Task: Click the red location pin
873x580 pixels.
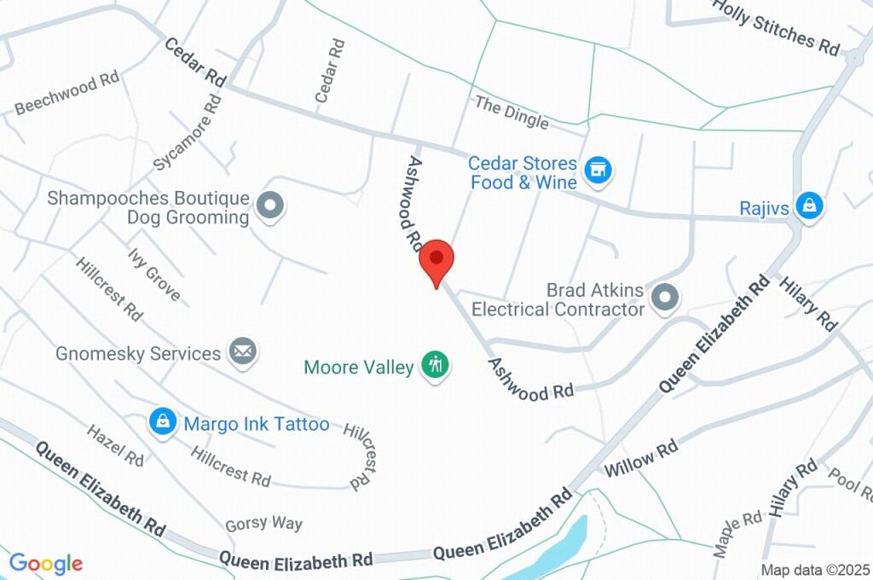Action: click(x=437, y=259)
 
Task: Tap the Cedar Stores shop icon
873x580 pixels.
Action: click(x=600, y=170)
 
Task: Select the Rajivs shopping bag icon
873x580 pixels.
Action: click(x=807, y=206)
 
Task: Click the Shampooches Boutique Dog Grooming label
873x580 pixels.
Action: click(x=148, y=207)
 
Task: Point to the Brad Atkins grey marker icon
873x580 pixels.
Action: click(x=664, y=298)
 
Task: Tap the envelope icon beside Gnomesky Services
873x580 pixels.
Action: click(x=243, y=351)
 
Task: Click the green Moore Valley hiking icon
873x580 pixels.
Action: click(x=436, y=366)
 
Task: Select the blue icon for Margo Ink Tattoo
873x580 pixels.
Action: click(x=161, y=420)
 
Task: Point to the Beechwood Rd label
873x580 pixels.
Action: click(x=66, y=93)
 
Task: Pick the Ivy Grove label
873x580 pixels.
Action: click(x=154, y=275)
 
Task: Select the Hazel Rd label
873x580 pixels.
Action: click(x=115, y=444)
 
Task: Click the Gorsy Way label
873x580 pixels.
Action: click(x=263, y=523)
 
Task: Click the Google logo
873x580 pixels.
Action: click(x=46, y=564)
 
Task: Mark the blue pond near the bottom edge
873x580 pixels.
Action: click(x=563, y=546)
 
